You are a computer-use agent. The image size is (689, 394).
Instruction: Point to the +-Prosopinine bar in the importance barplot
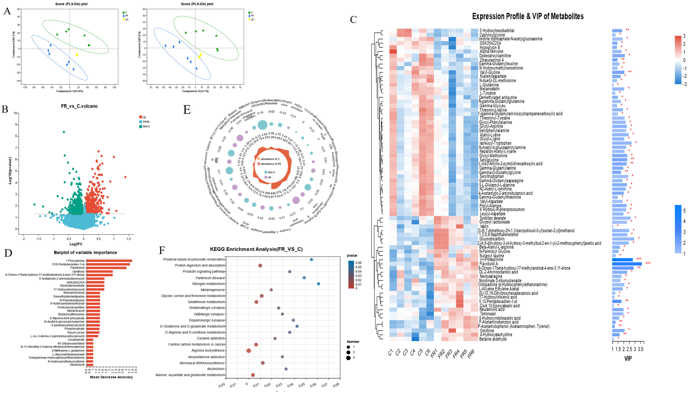109,261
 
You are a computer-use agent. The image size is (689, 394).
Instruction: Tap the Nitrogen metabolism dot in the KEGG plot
318,284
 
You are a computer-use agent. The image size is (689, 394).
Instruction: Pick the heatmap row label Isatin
484,226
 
